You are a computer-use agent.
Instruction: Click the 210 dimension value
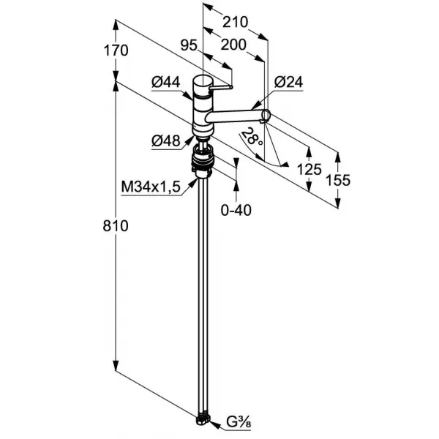(235, 22)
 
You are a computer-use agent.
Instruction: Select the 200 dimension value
(233, 45)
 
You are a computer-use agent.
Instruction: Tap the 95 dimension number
(189, 45)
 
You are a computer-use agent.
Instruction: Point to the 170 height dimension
(116, 50)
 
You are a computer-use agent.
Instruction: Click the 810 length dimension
(116, 225)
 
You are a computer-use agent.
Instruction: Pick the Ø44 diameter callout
(166, 82)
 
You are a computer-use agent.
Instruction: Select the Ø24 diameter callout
(288, 82)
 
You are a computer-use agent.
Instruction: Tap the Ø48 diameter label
(166, 140)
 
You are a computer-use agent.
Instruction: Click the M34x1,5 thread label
(151, 187)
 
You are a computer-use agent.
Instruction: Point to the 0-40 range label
(236, 210)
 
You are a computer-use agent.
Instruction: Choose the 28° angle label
(252, 136)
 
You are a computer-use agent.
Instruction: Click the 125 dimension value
(309, 170)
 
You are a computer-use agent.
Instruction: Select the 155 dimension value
(338, 180)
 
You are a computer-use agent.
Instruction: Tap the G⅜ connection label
(239, 422)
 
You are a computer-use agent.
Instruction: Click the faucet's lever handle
(221, 88)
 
